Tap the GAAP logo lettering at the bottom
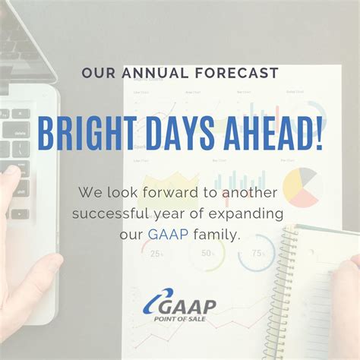(x=187, y=307)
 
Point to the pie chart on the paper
(x=300, y=187)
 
